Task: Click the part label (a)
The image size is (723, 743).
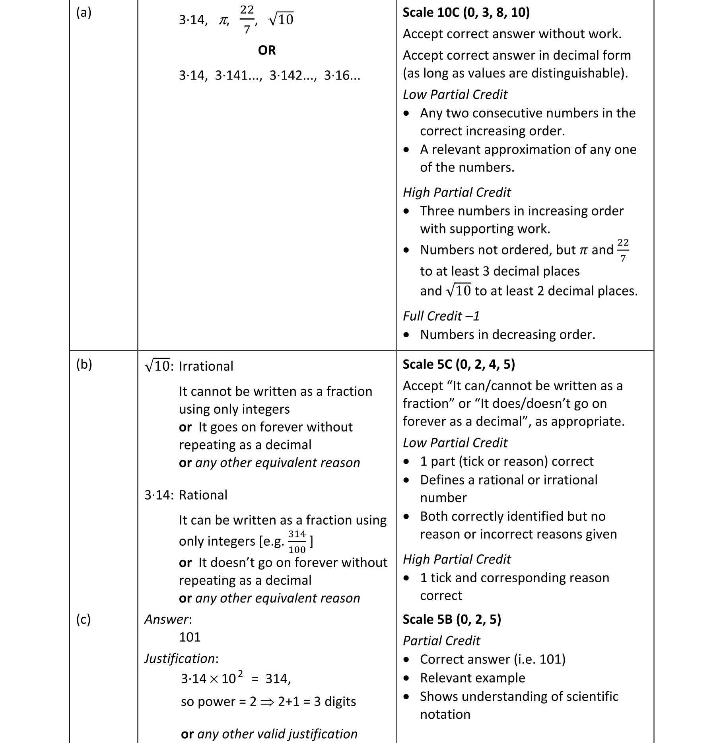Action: pyautogui.click(x=84, y=13)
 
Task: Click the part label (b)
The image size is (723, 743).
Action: pyautogui.click(x=84, y=365)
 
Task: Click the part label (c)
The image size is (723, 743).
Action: pyautogui.click(x=84, y=619)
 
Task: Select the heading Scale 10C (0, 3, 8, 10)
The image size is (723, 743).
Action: pyautogui.click(x=466, y=13)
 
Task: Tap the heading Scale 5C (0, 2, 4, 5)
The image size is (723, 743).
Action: pyautogui.click(x=459, y=364)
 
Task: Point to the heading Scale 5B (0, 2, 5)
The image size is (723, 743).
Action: pyautogui.click(x=452, y=619)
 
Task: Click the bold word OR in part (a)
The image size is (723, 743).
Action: pyautogui.click(x=266, y=51)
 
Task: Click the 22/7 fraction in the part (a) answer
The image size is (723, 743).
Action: pyautogui.click(x=247, y=19)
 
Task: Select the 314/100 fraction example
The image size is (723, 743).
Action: pyautogui.click(x=297, y=541)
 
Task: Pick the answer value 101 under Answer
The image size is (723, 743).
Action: pyautogui.click(x=190, y=637)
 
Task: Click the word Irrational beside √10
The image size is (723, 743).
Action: pyautogui.click(x=206, y=366)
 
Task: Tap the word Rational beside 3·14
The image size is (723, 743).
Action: pyautogui.click(x=203, y=495)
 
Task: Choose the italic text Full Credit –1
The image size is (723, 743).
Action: pyautogui.click(x=441, y=316)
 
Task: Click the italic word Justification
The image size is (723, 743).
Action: pyautogui.click(x=180, y=659)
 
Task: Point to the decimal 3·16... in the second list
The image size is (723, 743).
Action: pyautogui.click(x=342, y=76)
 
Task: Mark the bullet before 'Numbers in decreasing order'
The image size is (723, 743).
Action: pyautogui.click(x=406, y=335)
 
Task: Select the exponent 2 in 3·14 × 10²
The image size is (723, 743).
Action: pyautogui.click(x=240, y=673)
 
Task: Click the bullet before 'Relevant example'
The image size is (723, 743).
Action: pyautogui.click(x=406, y=678)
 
